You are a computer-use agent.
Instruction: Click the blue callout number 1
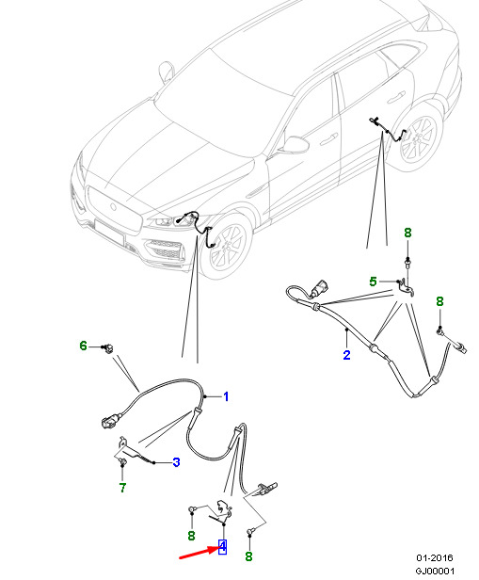226,397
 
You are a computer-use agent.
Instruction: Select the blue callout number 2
346,355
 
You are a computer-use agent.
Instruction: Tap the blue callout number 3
176,462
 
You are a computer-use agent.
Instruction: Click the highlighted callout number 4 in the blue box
222,547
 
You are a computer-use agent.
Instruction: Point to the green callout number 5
373,282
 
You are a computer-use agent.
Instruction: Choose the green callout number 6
83,346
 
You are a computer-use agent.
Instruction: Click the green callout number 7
122,488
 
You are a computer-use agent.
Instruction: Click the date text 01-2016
434,558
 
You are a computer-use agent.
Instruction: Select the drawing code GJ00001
435,572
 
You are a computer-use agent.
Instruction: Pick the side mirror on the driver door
295,144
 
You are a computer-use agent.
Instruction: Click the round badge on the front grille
112,207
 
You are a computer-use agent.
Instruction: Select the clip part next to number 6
107,348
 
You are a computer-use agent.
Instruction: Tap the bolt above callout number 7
122,461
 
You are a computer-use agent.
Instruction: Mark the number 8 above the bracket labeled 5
407,234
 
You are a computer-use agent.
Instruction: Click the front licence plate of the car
109,232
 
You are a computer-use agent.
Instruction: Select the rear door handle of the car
395,98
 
